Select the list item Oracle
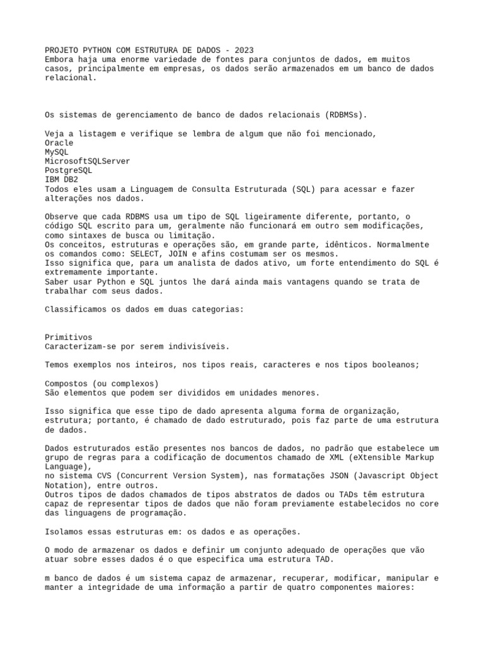pos(59,143)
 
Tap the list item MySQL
pos(57,152)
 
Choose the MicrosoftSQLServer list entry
pos(88,161)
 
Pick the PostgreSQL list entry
pos(68,170)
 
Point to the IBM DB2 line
pos(61,180)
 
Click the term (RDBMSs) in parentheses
pos(346,115)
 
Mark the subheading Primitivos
pos(68,338)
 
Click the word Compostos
pos(66,384)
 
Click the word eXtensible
pos(378,457)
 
